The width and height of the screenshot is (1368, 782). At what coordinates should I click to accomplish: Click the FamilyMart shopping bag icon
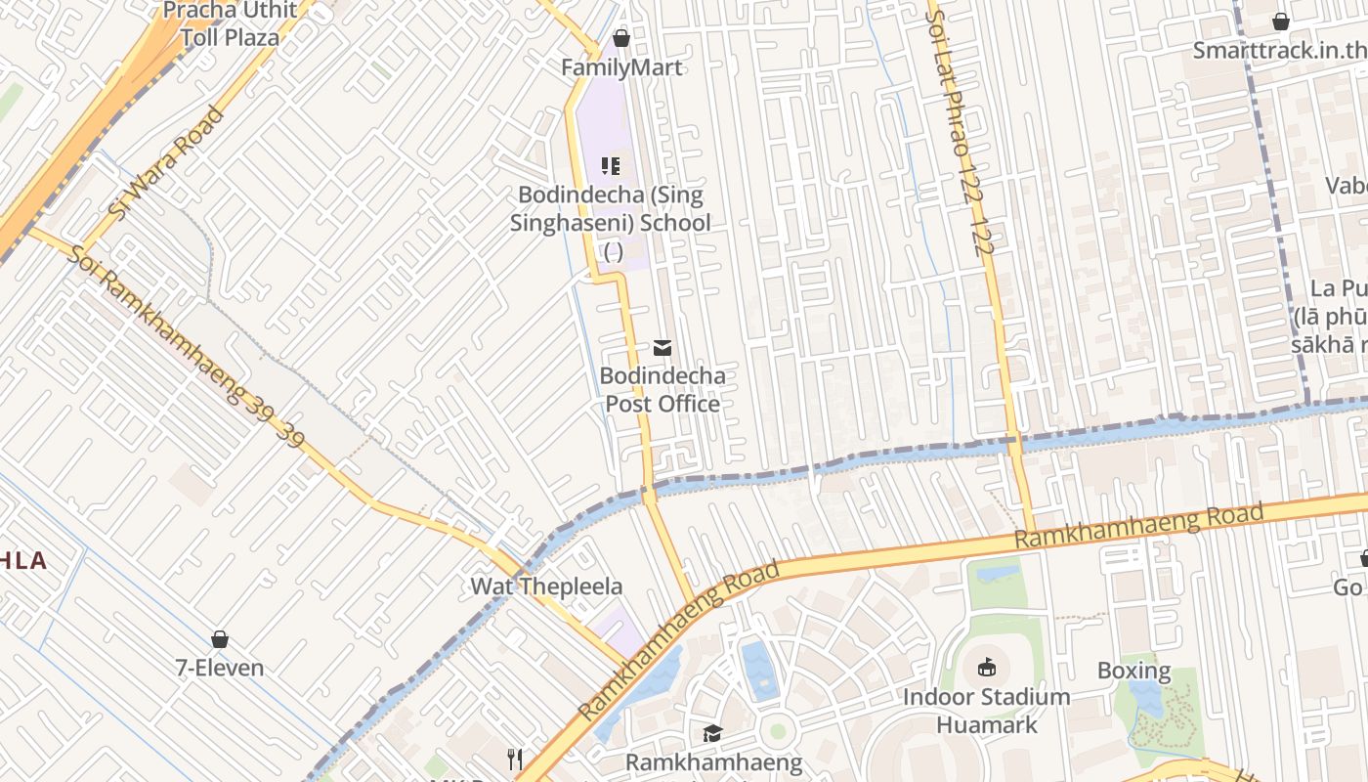(x=620, y=39)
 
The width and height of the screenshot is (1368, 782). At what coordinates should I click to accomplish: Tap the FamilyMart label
(x=621, y=67)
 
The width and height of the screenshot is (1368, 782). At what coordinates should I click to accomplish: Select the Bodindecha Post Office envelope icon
(x=663, y=348)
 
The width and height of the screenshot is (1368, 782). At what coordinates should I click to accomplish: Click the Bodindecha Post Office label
(x=663, y=390)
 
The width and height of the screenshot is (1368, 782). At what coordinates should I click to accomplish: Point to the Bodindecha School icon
(x=611, y=166)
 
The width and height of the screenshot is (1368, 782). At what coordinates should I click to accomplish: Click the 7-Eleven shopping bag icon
(x=220, y=639)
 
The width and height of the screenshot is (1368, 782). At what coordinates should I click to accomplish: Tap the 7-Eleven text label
(x=220, y=669)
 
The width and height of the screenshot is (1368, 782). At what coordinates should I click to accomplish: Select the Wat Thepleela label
(x=546, y=586)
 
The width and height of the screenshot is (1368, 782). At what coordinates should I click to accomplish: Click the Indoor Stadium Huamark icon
(x=986, y=669)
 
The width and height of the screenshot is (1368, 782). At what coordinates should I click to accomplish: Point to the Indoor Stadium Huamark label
(x=986, y=711)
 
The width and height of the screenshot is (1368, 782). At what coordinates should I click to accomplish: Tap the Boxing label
(x=1133, y=671)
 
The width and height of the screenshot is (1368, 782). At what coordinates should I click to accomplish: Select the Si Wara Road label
(x=165, y=163)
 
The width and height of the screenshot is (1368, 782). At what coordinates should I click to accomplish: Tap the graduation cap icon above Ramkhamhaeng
(x=713, y=733)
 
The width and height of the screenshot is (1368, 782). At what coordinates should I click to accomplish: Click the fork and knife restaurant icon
(x=515, y=759)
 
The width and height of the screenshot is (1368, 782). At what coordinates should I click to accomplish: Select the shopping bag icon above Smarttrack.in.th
(x=1280, y=22)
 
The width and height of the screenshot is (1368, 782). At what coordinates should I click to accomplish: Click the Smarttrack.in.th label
(x=1279, y=51)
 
